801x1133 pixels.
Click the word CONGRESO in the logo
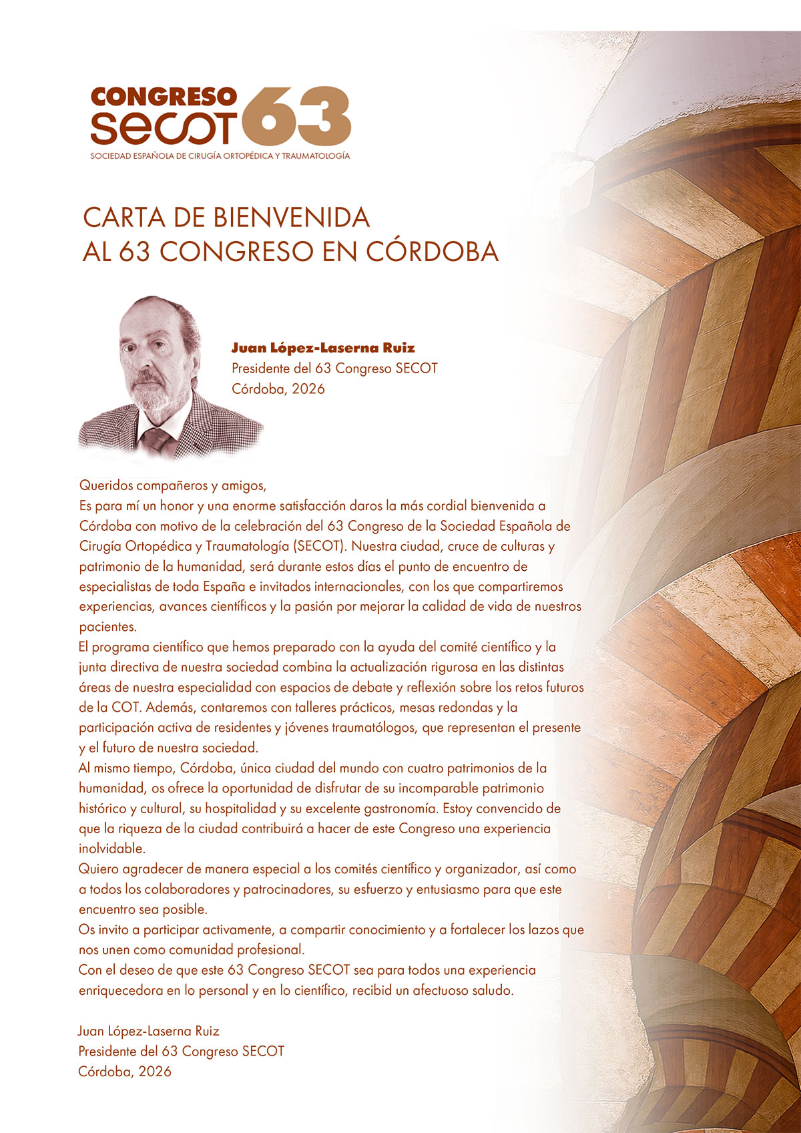[164, 97]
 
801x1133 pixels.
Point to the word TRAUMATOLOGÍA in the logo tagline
[316, 156]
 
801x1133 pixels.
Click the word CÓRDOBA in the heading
[433, 252]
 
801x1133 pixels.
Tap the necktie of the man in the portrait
[157, 438]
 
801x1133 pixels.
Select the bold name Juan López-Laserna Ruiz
[323, 348]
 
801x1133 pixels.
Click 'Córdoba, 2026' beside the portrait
[278, 389]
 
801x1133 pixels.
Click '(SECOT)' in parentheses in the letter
[319, 546]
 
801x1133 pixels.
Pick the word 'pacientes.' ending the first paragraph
[107, 627]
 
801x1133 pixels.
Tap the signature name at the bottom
[149, 1031]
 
